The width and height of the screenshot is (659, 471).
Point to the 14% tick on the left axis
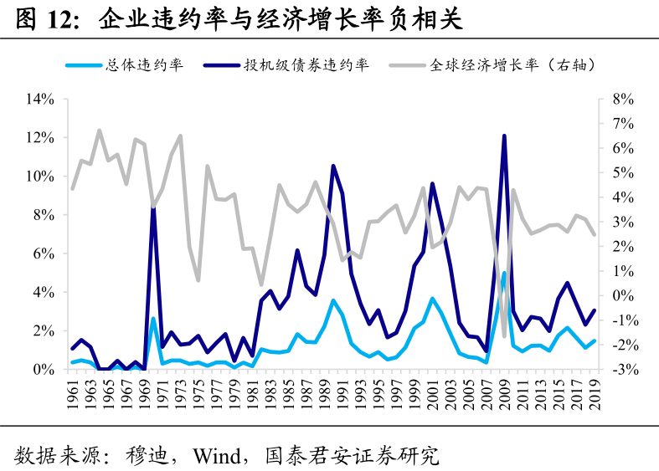point(40,99)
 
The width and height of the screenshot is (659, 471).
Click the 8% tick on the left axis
point(44,215)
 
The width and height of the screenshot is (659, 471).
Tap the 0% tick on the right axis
point(624,296)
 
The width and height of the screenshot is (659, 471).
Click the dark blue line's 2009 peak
point(504,136)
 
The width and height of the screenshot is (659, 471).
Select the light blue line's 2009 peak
point(504,273)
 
